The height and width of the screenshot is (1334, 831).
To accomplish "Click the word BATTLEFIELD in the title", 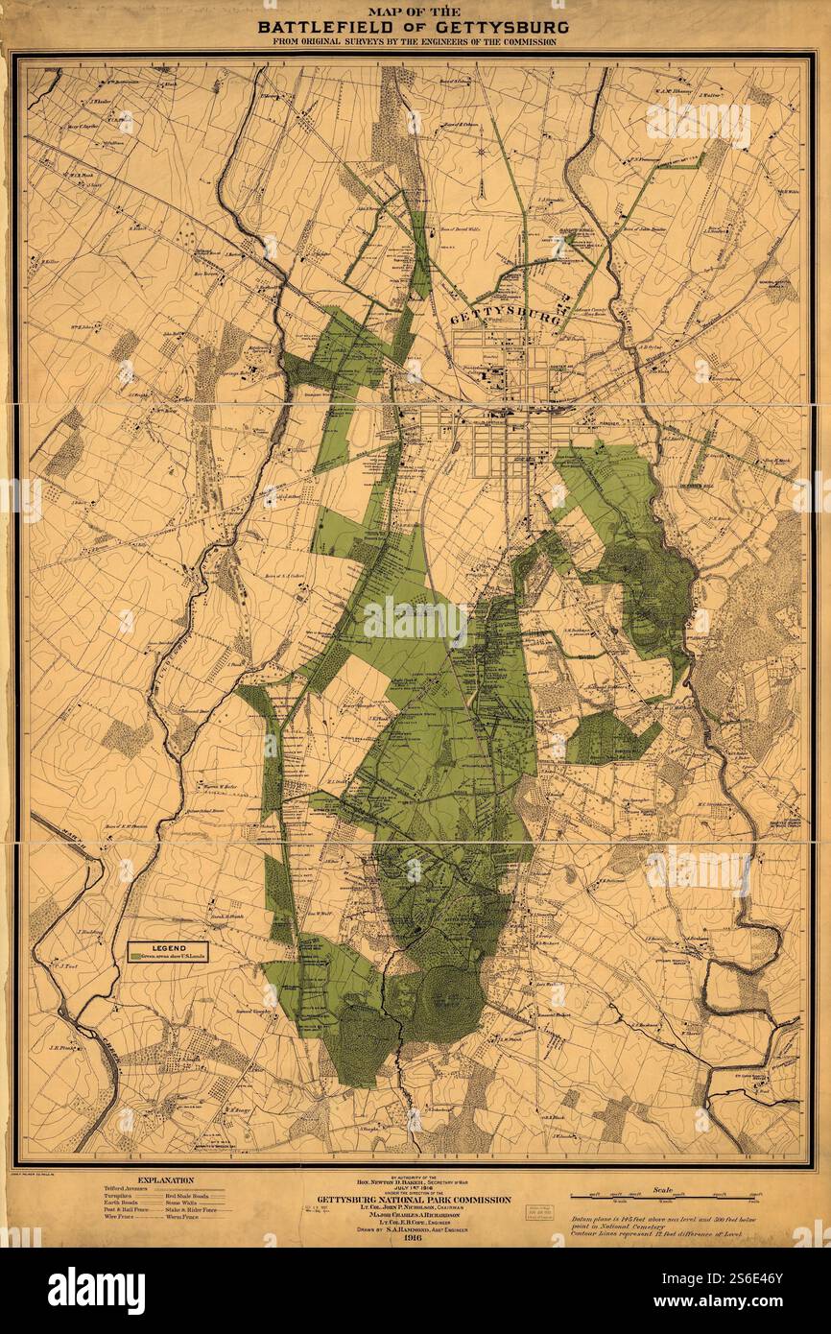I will pos(324,27).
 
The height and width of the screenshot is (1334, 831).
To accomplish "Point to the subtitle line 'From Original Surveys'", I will pos(415,42).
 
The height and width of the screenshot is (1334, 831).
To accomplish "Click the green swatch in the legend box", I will pos(134,956).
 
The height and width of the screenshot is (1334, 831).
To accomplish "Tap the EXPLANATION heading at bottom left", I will pos(165,1180).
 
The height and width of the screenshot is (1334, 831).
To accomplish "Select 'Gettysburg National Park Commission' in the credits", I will pos(415,1200).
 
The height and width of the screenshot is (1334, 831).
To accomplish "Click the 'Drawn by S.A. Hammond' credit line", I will pos(415,1227).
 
